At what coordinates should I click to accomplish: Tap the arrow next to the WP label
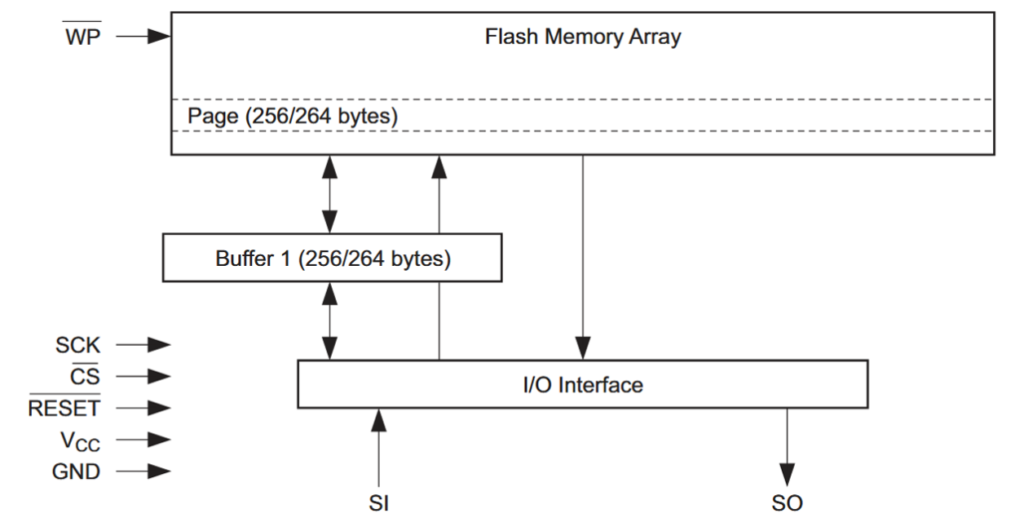click(x=143, y=36)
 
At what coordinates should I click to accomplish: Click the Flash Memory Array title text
click(x=582, y=37)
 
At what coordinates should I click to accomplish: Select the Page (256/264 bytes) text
click(x=293, y=116)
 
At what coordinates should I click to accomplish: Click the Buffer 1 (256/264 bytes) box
click(x=332, y=259)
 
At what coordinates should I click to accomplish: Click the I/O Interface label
click(x=582, y=384)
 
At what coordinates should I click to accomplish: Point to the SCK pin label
click(x=77, y=345)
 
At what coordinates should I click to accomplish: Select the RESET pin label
click(x=64, y=408)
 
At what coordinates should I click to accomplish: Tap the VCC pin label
click(x=80, y=440)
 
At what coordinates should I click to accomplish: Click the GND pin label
click(x=76, y=471)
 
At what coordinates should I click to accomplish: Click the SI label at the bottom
click(x=378, y=503)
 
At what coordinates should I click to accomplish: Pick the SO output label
click(x=787, y=503)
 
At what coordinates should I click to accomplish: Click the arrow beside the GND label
click(x=143, y=471)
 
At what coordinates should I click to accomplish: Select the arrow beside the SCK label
click(x=143, y=345)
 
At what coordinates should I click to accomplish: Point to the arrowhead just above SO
click(x=787, y=473)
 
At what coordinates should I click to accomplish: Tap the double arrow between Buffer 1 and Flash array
click(x=329, y=194)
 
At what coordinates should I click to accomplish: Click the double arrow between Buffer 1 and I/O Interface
click(x=329, y=321)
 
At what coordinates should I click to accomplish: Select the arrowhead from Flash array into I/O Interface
click(x=582, y=347)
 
